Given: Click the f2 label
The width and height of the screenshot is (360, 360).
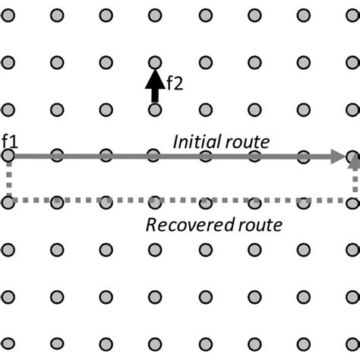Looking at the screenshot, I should point(175,84).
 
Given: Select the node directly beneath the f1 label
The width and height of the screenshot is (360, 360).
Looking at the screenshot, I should point(8,156).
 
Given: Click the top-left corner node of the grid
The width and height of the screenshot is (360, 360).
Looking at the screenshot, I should point(8,14).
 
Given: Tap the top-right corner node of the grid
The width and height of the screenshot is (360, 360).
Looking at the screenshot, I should point(353,14).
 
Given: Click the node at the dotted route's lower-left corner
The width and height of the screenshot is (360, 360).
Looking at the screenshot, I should point(8,201).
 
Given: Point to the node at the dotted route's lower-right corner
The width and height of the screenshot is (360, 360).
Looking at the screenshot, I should point(353,201).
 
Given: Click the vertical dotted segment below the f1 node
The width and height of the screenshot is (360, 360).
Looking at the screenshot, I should point(8,179).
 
